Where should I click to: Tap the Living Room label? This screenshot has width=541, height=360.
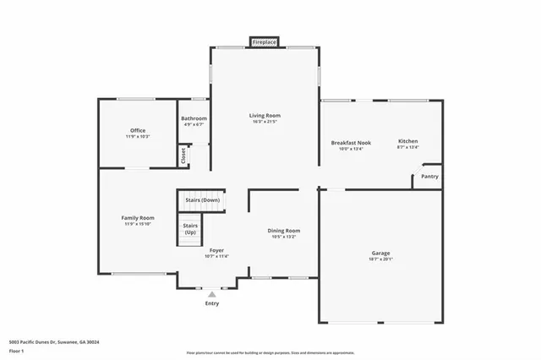click(265, 115)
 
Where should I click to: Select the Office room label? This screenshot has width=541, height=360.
click(138, 130)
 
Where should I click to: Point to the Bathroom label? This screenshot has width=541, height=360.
click(194, 118)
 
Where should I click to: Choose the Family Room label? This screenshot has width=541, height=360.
click(138, 217)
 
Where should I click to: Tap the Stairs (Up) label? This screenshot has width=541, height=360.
click(191, 229)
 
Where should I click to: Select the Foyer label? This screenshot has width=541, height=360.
click(216, 250)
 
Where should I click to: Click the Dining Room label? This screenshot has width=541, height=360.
click(284, 230)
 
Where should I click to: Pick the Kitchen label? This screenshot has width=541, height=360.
click(407, 141)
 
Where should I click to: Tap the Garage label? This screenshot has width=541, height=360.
click(381, 253)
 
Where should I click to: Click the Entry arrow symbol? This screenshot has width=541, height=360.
click(211, 294)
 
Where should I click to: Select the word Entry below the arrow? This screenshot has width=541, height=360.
click(211, 303)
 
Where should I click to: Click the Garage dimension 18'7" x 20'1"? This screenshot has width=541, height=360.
click(381, 259)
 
